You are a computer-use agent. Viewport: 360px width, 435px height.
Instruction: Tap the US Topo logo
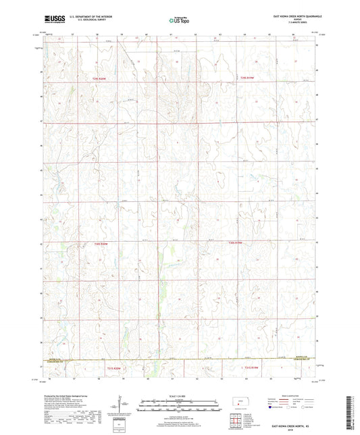coord(178,21)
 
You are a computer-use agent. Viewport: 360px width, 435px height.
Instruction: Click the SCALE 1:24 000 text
coord(179,396)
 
